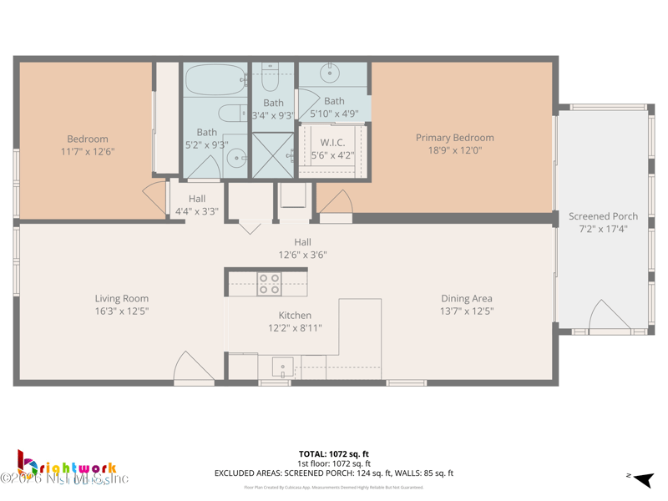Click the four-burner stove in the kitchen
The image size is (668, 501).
[x=269, y=284]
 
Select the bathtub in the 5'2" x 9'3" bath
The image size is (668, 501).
[x=214, y=82]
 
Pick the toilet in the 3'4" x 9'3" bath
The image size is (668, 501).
[x=270, y=78]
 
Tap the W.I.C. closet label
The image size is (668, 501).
[x=331, y=142]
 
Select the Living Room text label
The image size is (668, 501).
[x=122, y=298]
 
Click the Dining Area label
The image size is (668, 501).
[x=467, y=298]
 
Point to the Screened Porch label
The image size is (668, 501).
[x=603, y=216]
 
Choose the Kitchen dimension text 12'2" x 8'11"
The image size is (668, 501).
[x=295, y=328]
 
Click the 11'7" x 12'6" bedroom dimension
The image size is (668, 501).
[x=87, y=152]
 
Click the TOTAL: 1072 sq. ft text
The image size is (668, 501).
[x=334, y=454]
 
